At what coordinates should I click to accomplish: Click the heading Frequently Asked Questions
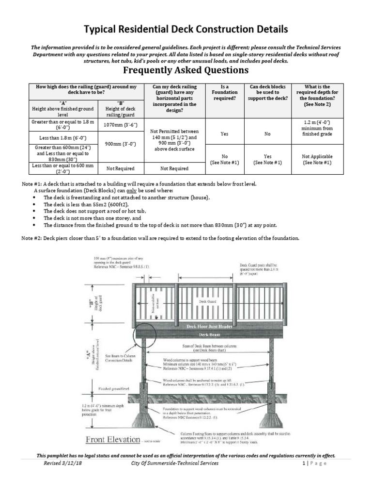(186, 71)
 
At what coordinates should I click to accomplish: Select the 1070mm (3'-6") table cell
(121, 125)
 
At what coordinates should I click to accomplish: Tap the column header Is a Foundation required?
(224, 92)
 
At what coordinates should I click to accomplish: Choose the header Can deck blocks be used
(267, 92)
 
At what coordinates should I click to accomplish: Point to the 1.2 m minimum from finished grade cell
(316, 127)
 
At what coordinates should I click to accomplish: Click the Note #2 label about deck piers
(33, 238)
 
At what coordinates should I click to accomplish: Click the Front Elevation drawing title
(113, 440)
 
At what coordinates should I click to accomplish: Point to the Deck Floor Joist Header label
(209, 327)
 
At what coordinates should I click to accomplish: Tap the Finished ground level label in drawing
(114, 389)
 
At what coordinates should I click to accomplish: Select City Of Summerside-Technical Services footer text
(175, 464)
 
